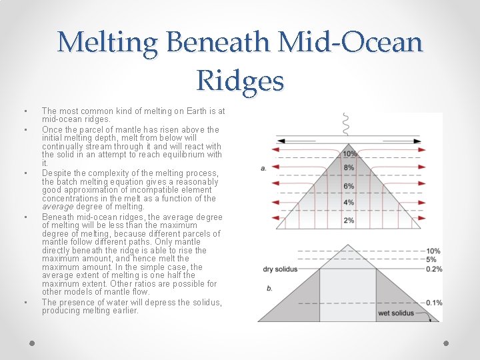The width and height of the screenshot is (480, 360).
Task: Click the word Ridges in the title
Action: click(240, 81)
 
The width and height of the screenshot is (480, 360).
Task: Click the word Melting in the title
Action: click(108, 43)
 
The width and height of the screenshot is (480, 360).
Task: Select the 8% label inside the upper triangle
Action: click(349, 168)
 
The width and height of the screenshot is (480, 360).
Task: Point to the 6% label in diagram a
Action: click(349, 186)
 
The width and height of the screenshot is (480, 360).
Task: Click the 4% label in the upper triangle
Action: click(349, 203)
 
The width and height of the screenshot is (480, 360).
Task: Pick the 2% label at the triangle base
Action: click(349, 220)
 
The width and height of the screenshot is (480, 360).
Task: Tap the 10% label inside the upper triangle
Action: click(349, 154)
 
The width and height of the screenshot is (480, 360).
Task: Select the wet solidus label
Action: click(393, 313)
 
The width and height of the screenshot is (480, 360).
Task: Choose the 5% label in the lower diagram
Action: click(432, 259)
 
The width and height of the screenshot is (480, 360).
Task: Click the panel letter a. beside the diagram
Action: click(265, 168)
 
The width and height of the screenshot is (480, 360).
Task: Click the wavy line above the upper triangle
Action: click(345, 123)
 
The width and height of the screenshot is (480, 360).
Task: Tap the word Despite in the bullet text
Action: click(56, 173)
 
